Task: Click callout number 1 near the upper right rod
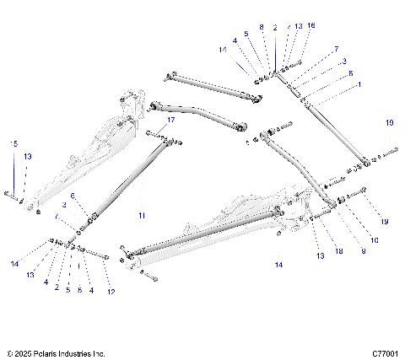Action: coord(359,85)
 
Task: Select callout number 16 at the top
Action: coord(311,26)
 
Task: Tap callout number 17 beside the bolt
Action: coord(171,121)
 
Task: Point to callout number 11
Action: coord(142,216)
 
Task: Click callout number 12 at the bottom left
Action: coord(111,292)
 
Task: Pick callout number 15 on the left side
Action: coord(13,144)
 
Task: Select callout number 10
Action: coord(374,240)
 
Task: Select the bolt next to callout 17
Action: coord(155,133)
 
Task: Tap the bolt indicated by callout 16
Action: coord(298,64)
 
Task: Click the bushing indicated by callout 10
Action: coord(343,200)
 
